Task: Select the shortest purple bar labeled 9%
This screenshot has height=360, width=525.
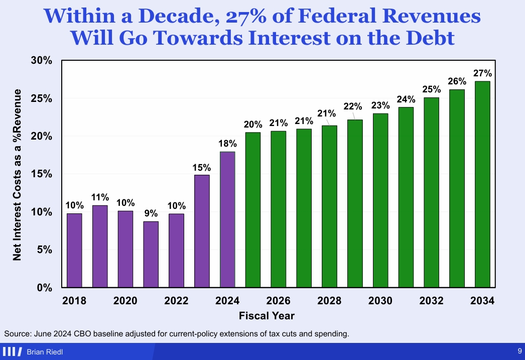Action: [151, 254]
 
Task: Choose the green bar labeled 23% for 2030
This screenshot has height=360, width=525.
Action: [380, 200]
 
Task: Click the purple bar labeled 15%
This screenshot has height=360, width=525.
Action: [202, 231]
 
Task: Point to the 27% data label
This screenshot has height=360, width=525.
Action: [482, 72]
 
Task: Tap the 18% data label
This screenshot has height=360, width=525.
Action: [227, 143]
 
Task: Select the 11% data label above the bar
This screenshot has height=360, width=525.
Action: [100, 197]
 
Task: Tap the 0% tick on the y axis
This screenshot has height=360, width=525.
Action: [45, 288]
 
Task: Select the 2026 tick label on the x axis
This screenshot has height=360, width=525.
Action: [278, 301]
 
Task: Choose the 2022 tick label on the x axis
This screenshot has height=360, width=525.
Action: [176, 301]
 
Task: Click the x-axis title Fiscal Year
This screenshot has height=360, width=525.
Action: [267, 316]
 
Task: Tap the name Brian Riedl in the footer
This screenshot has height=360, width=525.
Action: [45, 352]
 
